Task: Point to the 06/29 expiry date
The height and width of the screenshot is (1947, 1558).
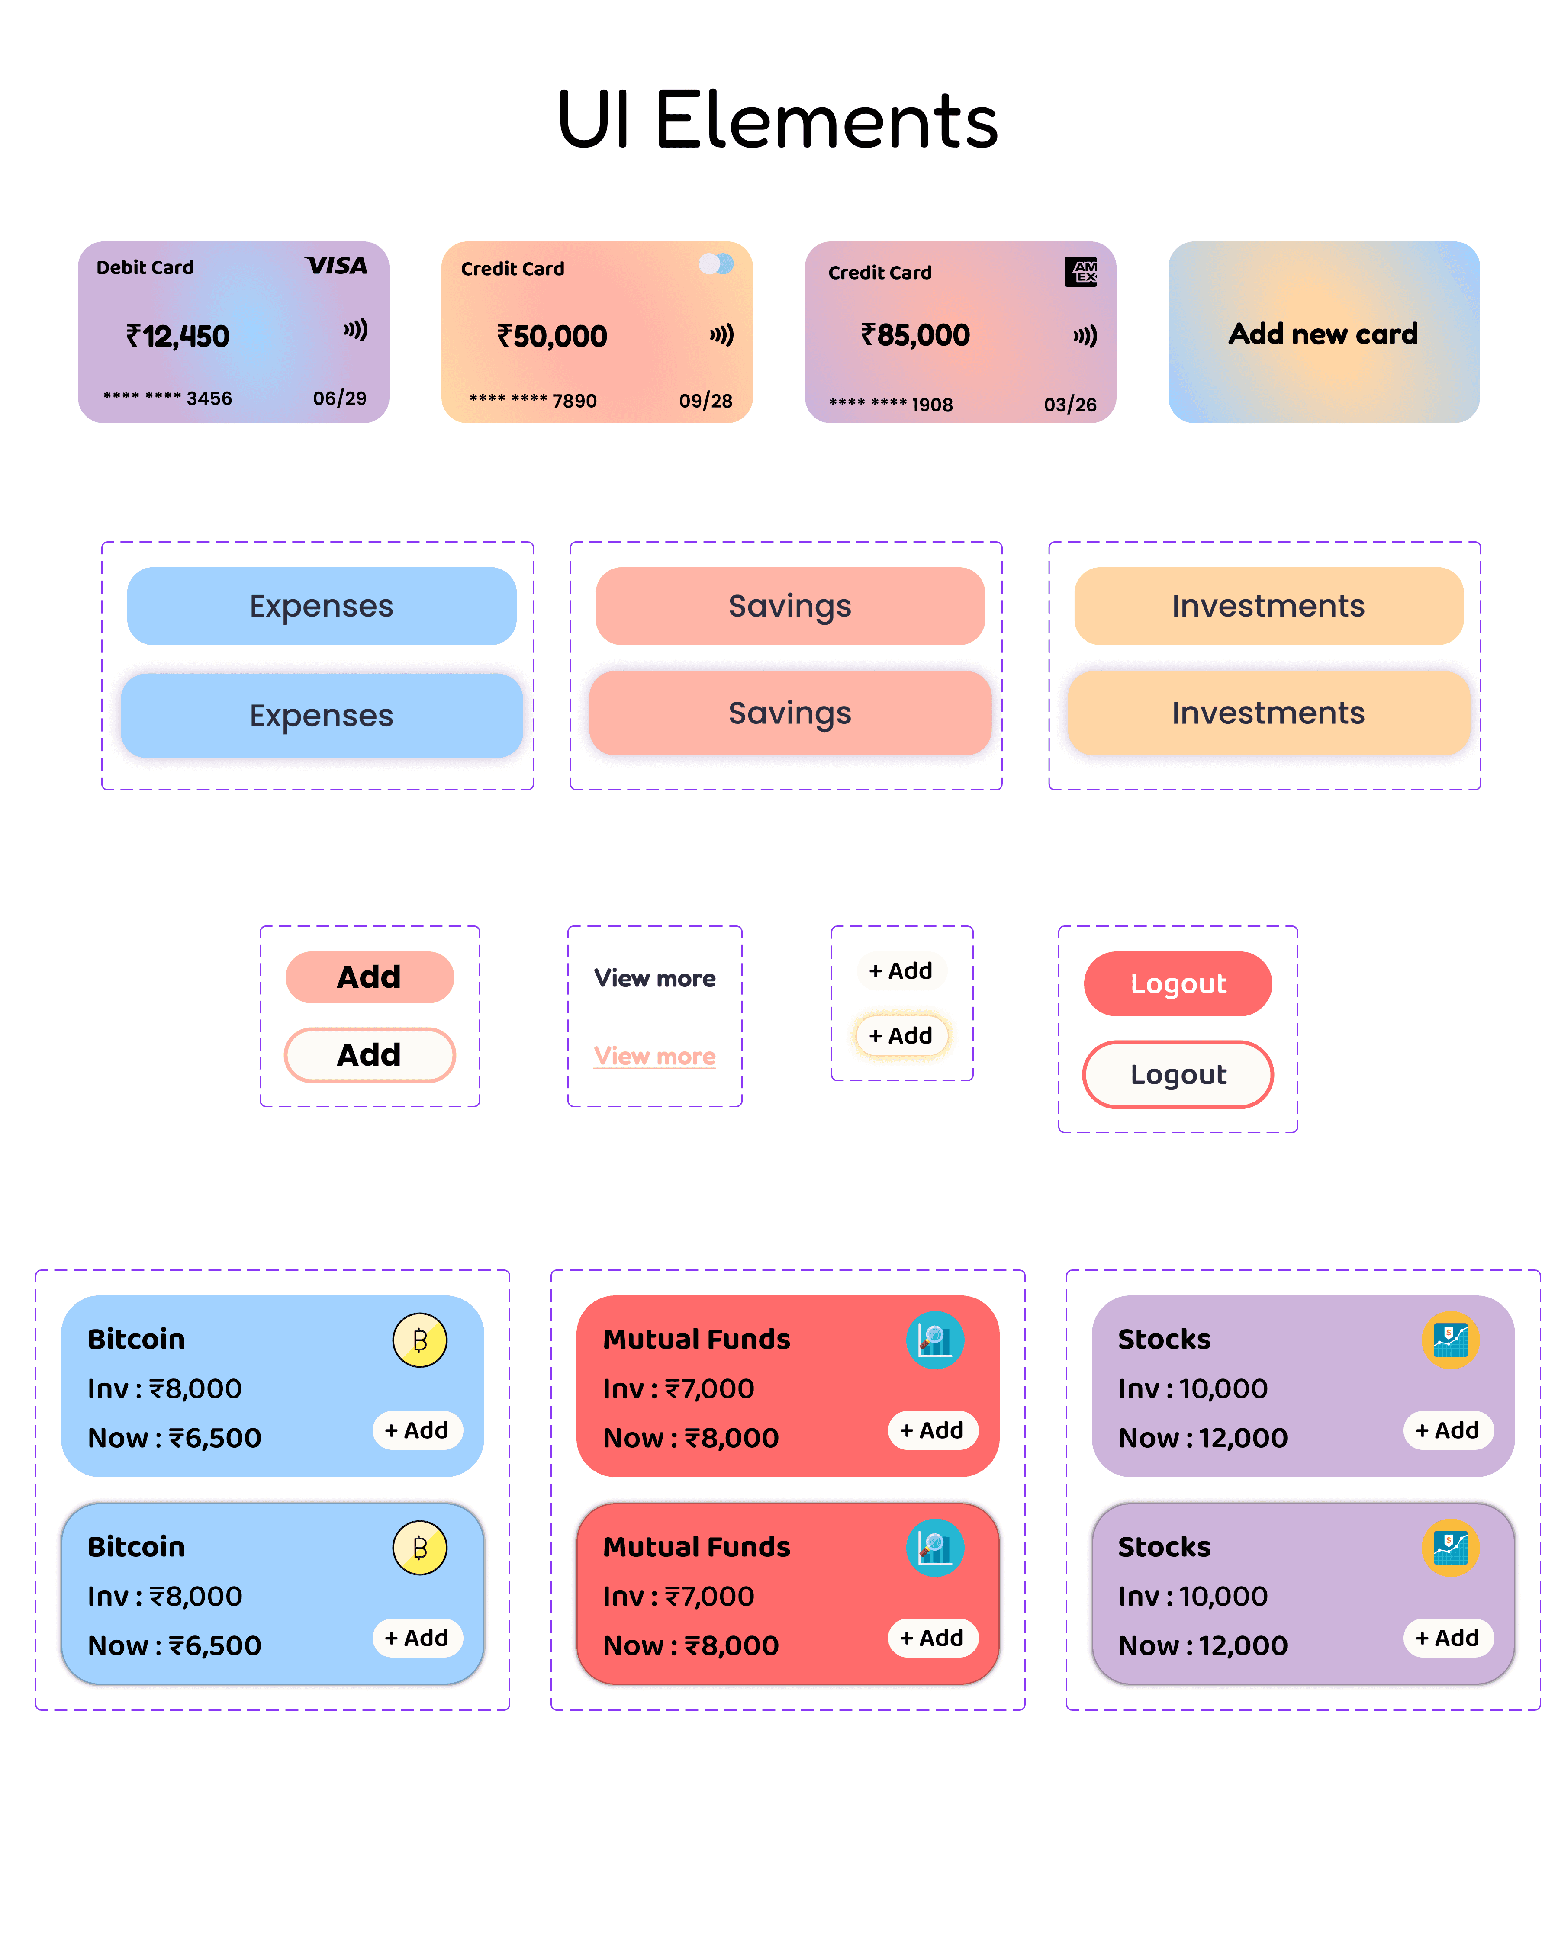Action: tap(340, 398)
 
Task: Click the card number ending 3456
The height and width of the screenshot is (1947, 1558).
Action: tap(168, 398)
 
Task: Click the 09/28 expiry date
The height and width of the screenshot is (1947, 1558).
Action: tap(705, 401)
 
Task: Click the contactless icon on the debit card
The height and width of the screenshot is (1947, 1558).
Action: tap(355, 330)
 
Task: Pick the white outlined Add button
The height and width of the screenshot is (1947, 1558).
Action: tap(370, 1055)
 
